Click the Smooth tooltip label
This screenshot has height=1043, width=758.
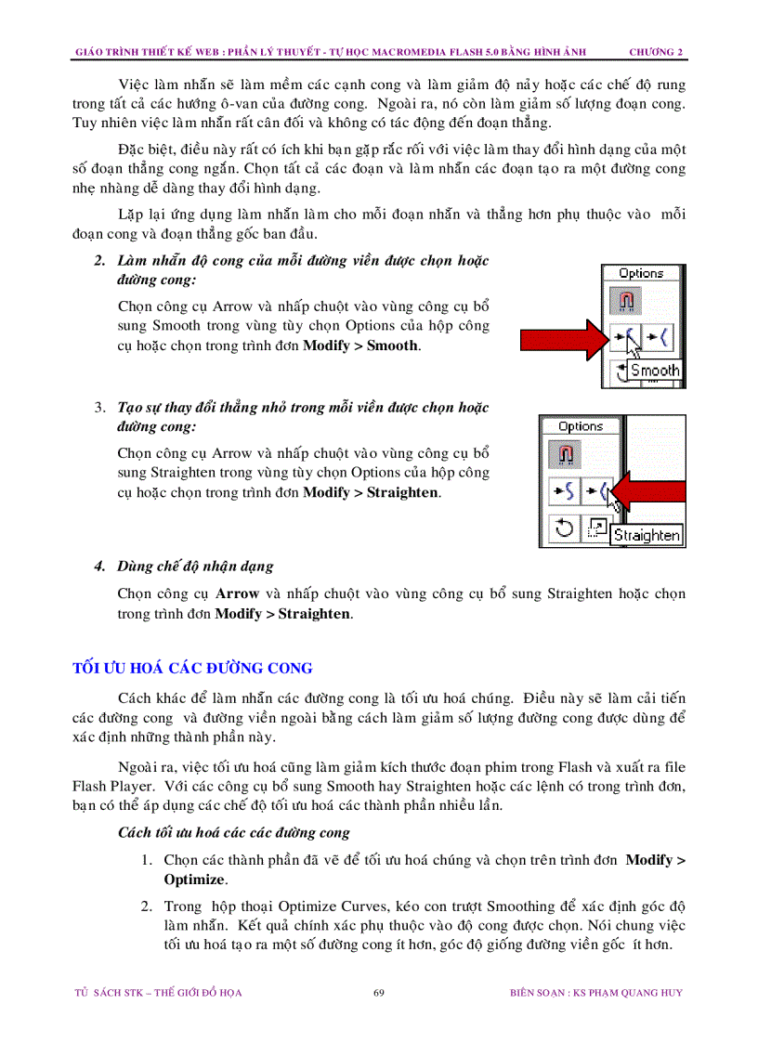tap(655, 371)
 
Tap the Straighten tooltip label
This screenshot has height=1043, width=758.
tap(647, 535)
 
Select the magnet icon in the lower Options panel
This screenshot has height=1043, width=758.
tap(565, 456)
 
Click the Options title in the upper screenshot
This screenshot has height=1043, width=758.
tap(641, 273)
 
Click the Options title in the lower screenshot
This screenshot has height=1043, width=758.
tap(581, 426)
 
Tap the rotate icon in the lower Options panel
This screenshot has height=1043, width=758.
tap(563, 528)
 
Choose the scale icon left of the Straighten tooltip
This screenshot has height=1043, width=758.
tap(595, 528)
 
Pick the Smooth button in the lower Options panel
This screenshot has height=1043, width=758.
tap(563, 491)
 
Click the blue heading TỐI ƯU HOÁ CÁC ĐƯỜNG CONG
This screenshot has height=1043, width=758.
tap(193, 669)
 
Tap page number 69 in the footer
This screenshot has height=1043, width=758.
tap(379, 993)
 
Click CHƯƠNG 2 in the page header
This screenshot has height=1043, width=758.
tap(656, 52)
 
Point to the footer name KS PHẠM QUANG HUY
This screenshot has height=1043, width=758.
tap(627, 993)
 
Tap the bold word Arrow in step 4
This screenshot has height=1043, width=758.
tap(237, 593)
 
